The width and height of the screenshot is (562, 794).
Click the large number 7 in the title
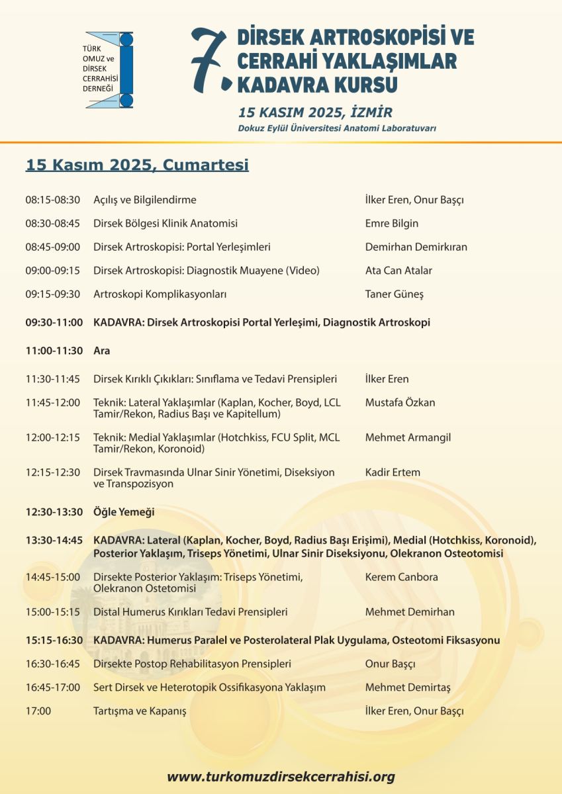point(207,62)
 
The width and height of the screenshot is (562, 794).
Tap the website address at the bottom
point(281,776)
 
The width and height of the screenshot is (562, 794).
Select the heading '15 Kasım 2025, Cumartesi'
point(137,165)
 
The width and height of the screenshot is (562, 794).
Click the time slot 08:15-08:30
point(53,200)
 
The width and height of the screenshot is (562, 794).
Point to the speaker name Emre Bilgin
point(392,224)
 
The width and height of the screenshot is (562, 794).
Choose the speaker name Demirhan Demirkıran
point(416,247)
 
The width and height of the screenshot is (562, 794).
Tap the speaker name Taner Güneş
point(394,294)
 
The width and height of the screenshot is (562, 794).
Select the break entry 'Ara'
point(102,351)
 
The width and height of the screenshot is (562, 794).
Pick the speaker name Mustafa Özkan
point(400,402)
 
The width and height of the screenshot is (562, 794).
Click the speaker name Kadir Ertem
point(393,472)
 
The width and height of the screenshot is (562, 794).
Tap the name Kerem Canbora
point(401,577)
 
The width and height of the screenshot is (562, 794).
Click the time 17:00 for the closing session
point(38,711)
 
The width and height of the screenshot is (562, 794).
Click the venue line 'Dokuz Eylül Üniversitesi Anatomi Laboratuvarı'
point(337,128)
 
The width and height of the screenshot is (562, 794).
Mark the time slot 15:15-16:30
point(54,640)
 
